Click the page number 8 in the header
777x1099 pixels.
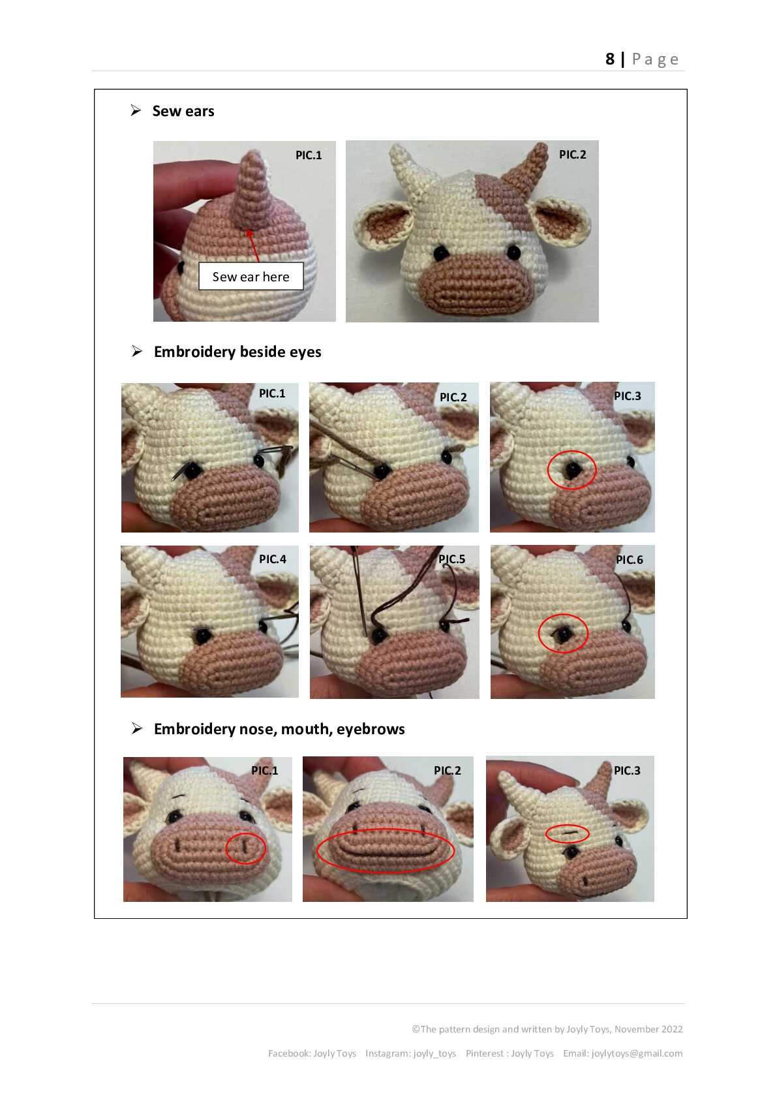[x=609, y=59]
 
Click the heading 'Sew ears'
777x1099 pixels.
[x=183, y=111]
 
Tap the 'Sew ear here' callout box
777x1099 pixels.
[x=251, y=276]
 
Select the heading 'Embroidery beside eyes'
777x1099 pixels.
[x=237, y=352]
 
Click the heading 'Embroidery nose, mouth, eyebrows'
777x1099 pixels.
[x=279, y=728]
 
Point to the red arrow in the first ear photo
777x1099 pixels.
[x=254, y=246]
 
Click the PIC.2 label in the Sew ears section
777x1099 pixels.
[x=572, y=155]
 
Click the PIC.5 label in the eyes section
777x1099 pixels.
[x=451, y=559]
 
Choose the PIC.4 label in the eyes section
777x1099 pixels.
[x=272, y=559]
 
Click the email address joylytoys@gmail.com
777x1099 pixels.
[x=637, y=1053]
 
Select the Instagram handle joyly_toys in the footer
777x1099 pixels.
[x=434, y=1053]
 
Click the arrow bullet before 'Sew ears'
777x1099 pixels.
[x=136, y=110]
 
